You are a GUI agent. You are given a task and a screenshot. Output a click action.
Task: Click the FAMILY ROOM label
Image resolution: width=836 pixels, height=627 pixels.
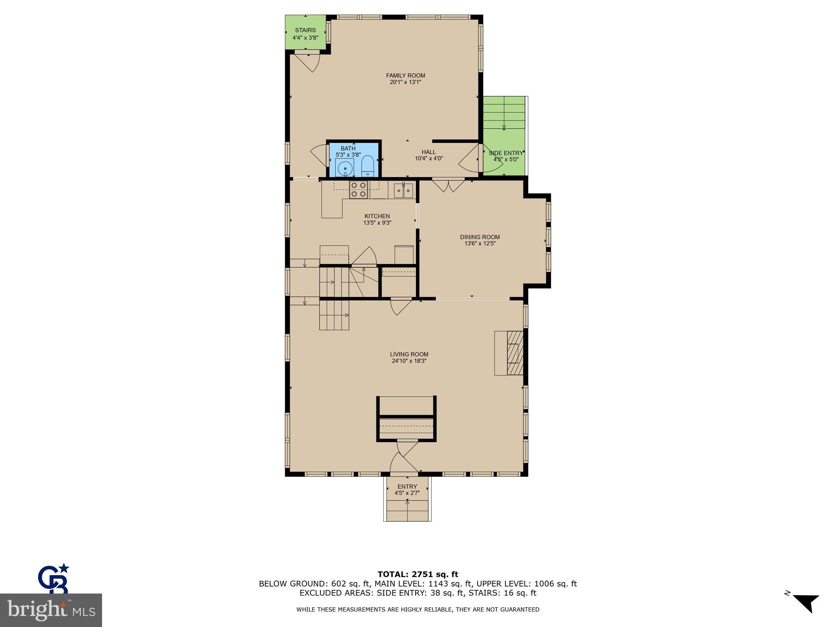coord(405,76)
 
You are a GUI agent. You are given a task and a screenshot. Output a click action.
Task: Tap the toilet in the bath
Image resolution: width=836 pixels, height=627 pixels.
coord(367,166)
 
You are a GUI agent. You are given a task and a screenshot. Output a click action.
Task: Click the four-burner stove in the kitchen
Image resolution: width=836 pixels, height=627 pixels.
coord(358,190)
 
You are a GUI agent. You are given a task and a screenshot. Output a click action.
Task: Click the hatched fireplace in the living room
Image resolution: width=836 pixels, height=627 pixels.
coord(515,353)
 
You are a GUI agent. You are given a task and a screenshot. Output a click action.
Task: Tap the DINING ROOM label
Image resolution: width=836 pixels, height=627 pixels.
coord(480,237)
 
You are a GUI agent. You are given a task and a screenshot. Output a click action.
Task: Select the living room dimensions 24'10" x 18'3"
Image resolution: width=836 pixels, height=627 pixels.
coord(409,361)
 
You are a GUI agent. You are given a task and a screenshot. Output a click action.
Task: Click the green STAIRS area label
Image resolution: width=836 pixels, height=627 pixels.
coord(305,30)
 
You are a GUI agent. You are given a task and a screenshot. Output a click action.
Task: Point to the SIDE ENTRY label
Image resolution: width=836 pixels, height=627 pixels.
coord(505,153)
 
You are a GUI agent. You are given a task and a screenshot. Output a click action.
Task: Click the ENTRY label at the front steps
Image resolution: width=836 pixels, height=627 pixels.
coord(407,487)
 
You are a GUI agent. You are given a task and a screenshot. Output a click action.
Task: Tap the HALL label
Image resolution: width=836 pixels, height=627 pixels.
coord(429,152)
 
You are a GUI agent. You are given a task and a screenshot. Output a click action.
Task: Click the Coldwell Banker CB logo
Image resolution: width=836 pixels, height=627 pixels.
coord(53,579)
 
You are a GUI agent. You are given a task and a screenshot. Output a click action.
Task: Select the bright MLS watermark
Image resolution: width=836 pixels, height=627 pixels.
coord(51,610)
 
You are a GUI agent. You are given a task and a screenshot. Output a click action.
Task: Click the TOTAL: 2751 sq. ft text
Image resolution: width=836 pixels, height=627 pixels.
coord(418,574)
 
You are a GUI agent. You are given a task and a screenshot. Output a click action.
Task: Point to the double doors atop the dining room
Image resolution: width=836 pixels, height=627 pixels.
coord(448,185)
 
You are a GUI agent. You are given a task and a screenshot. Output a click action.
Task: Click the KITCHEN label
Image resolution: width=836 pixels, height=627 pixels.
coord(377,216)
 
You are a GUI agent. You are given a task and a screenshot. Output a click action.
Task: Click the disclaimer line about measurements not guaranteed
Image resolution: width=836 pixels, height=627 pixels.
coord(418,609)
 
